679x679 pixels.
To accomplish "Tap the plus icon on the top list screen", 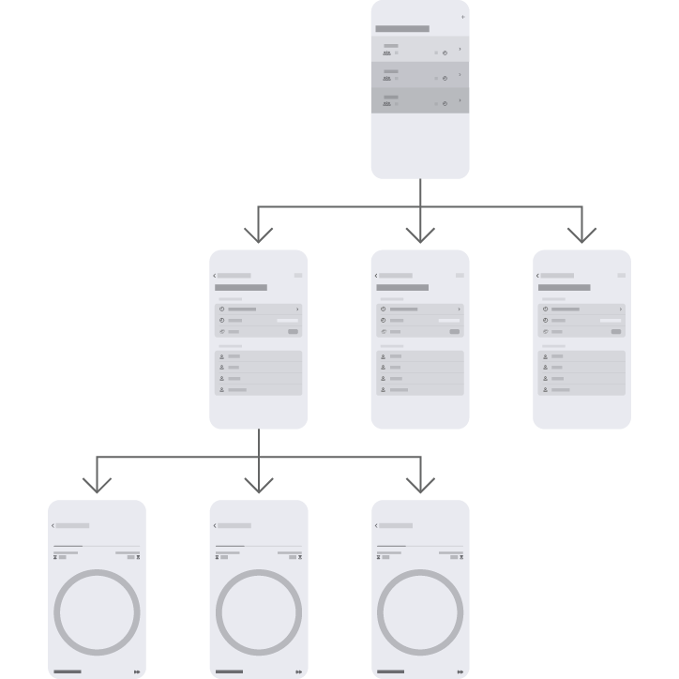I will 462,17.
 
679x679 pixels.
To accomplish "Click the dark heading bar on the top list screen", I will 402,29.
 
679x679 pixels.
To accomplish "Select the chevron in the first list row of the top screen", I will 460,49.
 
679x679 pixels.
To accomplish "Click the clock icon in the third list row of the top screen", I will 445,104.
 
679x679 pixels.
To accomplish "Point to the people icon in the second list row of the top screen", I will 386,78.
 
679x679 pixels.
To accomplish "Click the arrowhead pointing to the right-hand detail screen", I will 582,234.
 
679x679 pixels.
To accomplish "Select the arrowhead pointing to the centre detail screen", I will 420,234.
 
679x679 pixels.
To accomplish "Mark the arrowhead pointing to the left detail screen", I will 259,234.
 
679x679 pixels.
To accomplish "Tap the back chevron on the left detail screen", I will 215,276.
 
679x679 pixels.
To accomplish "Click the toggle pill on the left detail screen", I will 294,331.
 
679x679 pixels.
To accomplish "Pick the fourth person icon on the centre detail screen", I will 383,389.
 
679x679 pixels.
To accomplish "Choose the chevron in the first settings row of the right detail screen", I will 621,309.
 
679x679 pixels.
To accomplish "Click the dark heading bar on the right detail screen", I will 565,287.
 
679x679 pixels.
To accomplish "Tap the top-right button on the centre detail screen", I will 460,276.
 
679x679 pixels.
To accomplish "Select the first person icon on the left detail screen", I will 221,356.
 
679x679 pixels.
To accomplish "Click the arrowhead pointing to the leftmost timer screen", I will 97,484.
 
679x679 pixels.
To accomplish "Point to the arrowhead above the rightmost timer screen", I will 420,484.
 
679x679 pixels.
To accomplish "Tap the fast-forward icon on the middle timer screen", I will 299,671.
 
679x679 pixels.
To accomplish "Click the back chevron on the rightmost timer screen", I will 376,526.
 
